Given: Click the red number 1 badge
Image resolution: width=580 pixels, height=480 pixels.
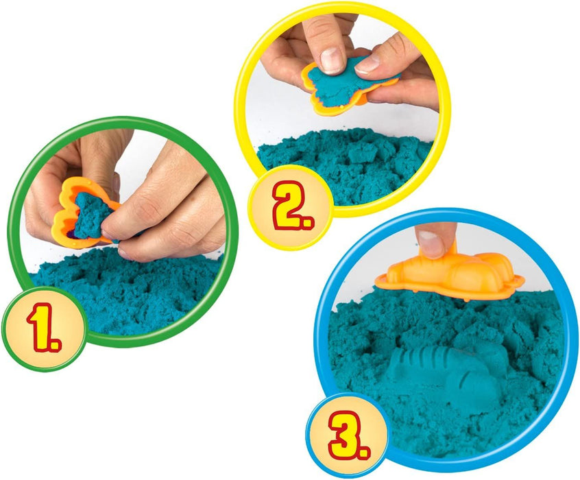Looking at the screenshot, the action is coord(45,328).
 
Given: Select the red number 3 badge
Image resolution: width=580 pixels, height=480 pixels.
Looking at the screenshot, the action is coord(348,435).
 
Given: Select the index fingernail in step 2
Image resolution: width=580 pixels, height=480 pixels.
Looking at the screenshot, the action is coord(331,60).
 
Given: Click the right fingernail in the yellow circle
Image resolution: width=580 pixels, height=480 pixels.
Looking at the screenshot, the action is coord(367,64).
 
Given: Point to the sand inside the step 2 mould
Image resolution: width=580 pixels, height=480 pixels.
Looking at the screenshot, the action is coord(337,83).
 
